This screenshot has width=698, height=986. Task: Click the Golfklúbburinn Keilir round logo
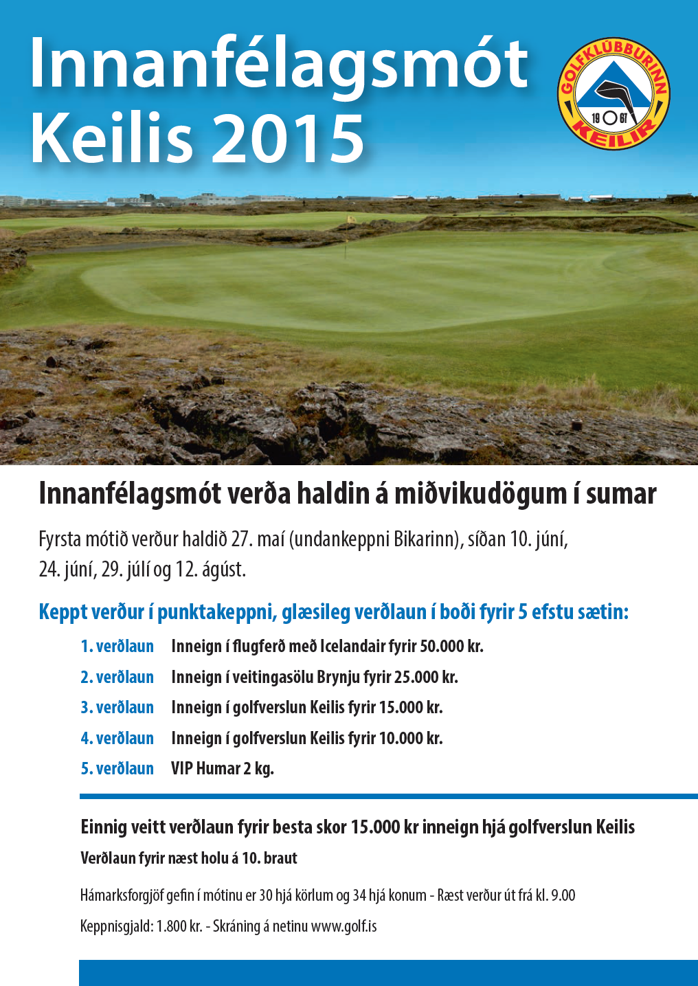(613, 93)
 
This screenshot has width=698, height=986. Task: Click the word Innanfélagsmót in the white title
(279, 63)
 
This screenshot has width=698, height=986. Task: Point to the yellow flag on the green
(351, 221)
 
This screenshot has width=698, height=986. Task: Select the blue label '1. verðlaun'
(117, 647)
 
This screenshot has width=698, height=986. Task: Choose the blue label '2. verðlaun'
(117, 677)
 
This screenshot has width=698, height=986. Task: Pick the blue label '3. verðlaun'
(117, 708)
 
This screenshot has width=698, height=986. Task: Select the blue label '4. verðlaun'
(117, 739)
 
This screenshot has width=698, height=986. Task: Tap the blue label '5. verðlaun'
(117, 769)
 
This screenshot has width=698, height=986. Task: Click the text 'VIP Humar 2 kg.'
(223, 769)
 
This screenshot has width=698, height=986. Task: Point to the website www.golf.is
(344, 926)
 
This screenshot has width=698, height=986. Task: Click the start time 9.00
(563, 895)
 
